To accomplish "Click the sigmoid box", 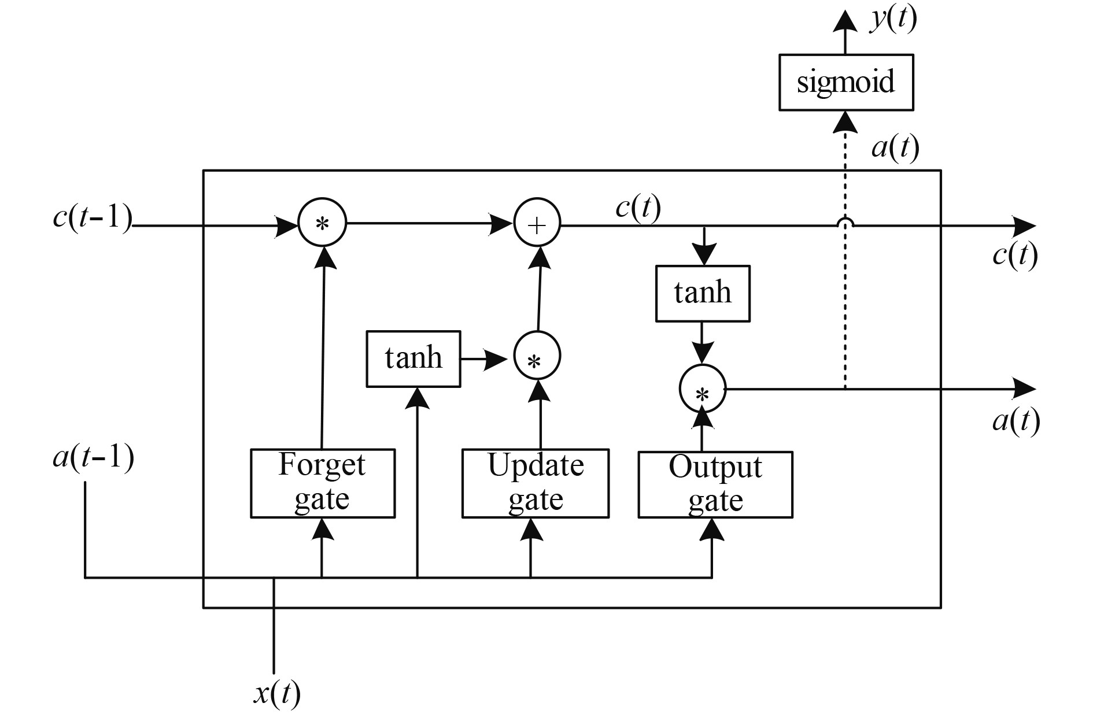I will coord(846,82).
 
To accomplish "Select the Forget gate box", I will coord(323,483).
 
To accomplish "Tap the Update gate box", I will coord(536,483).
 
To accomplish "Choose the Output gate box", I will coord(715,484).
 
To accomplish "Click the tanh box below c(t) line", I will coord(703,293).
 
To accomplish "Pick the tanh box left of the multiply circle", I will coord(413,358).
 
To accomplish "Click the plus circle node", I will coord(537,224).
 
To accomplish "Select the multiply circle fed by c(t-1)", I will coord(322,223).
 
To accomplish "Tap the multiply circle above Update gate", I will coord(537,356).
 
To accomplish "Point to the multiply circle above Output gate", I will coord(702,389).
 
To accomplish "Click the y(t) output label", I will coord(893,19).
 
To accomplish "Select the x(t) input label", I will coord(277,693).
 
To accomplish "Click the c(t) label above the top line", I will coord(638,206).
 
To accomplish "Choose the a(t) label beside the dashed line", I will coord(895,147).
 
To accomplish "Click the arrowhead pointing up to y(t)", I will coord(845,21).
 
